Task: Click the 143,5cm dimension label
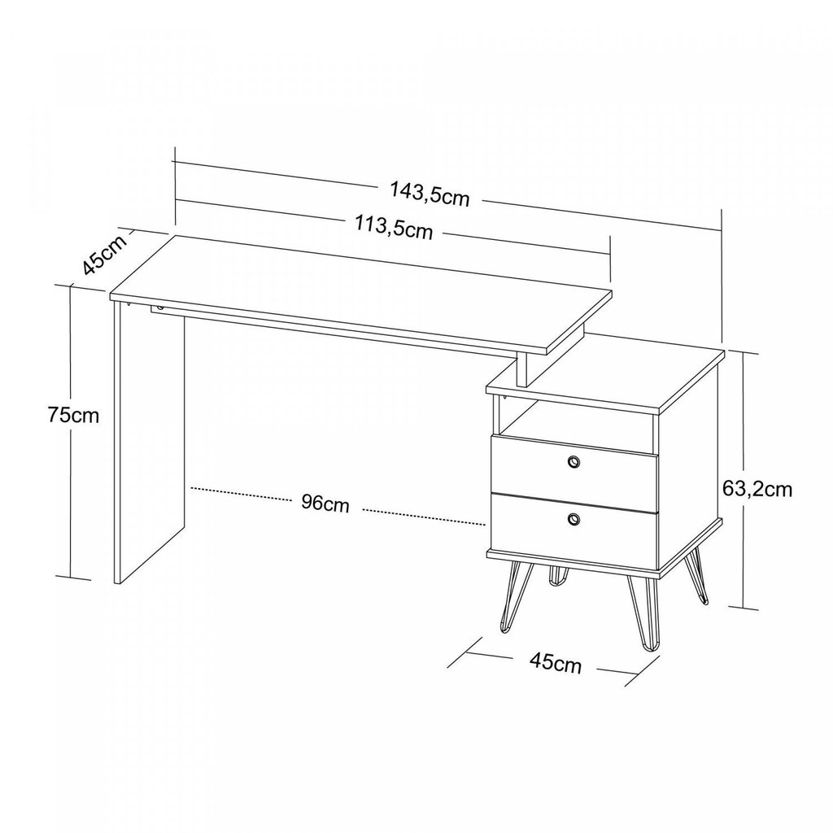click(430, 194)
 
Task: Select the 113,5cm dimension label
click(395, 228)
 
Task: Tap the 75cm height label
click(73, 414)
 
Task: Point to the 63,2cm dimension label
click(757, 489)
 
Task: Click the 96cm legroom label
click(325, 503)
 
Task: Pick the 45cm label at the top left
click(106, 254)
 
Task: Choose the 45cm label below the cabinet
click(556, 662)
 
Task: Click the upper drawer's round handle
click(574, 462)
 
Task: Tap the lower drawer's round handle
click(574, 518)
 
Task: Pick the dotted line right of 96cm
click(424, 517)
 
